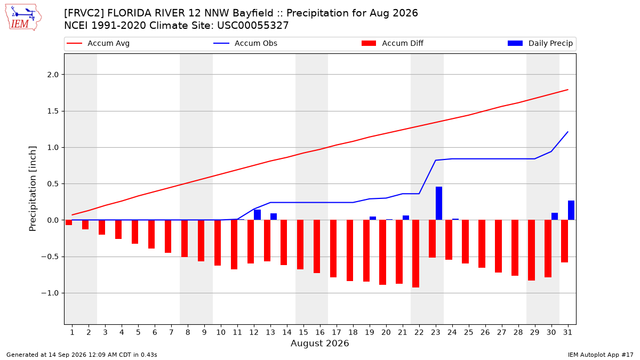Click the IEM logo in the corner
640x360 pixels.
(23, 17)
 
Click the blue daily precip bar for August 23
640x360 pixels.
(439, 203)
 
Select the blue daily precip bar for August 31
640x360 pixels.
(571, 210)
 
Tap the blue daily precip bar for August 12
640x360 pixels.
(257, 215)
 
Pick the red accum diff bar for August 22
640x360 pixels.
(415, 254)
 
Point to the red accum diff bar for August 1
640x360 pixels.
(69, 222)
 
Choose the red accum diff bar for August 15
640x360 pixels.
(300, 245)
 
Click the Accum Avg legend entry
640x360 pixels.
(98, 43)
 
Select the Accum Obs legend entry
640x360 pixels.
(245, 43)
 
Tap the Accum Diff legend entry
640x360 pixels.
(393, 43)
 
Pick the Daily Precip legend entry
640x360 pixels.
(540, 43)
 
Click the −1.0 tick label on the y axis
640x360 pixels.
(50, 293)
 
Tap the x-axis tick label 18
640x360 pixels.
(353, 332)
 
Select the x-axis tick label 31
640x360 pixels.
(567, 332)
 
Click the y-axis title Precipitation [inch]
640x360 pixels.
(33, 189)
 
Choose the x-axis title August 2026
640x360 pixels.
(319, 343)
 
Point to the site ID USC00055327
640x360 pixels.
(253, 26)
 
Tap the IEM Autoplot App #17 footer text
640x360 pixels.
(601, 355)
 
